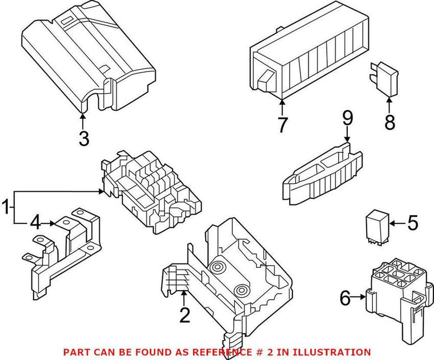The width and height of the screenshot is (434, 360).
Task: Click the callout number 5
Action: click(413, 222)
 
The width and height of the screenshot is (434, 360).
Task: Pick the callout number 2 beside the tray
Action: click(185, 315)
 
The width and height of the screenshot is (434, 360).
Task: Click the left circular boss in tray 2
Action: click(219, 268)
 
